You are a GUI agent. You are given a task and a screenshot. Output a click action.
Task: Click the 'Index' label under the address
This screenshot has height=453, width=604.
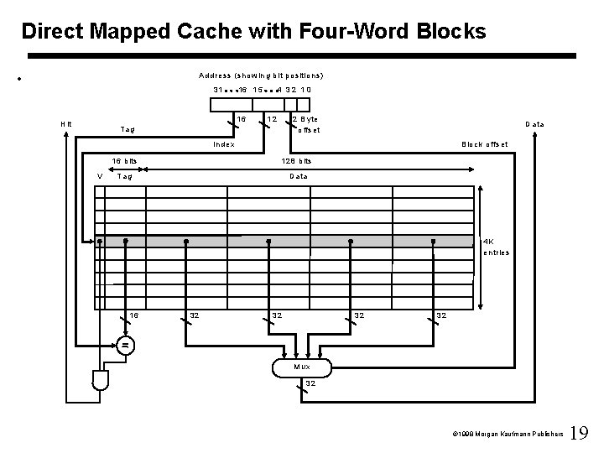(224, 144)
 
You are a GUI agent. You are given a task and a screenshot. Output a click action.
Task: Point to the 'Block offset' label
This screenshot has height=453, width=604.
(485, 144)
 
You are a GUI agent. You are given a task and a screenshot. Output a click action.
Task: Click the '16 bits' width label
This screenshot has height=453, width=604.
(126, 161)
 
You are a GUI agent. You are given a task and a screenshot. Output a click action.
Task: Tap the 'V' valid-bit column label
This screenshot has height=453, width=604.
(100, 176)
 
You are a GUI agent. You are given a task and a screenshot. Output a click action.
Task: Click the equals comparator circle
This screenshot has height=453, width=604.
(125, 345)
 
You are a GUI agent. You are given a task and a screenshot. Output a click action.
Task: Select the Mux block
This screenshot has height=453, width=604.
(301, 367)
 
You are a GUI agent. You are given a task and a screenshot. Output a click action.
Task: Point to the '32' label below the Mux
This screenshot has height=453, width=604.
(310, 383)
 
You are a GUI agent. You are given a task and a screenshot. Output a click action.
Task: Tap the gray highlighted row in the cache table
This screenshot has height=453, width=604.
(285, 241)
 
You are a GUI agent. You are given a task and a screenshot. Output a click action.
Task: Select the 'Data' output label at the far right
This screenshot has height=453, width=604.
(534, 124)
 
